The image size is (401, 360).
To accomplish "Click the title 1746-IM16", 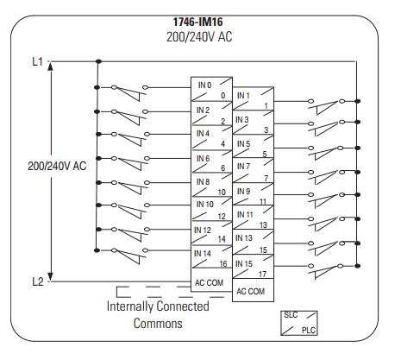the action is pos(197,22).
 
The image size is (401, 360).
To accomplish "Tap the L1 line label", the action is pos(37,61).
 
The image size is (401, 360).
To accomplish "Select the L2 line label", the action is pos(38,281).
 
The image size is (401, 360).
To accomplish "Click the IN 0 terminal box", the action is pos(211,89).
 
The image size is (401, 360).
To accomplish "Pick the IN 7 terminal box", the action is pos(253,170).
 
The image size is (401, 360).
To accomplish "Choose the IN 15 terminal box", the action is pos(253,266).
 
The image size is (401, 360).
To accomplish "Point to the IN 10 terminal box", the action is pos(211,209).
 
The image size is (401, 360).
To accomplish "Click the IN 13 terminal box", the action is pos(253,242).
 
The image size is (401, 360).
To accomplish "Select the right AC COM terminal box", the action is pos(253,290).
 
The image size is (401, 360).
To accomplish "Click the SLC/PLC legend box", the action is pos(299,323).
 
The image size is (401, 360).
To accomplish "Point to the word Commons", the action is pos(158,323).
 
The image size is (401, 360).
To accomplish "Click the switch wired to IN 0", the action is pos(129,92).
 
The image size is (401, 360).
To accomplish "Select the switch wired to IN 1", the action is pos(326,106).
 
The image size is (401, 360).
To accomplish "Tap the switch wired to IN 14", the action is pos(129,256).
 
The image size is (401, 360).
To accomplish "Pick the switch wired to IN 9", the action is pos(326,200).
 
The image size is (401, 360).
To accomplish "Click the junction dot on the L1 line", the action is pos(98,61).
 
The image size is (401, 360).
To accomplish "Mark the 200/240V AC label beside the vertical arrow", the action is pos(57,166).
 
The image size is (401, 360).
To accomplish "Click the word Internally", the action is pos(129,306).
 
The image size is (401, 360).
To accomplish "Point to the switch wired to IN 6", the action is pos(131,163).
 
